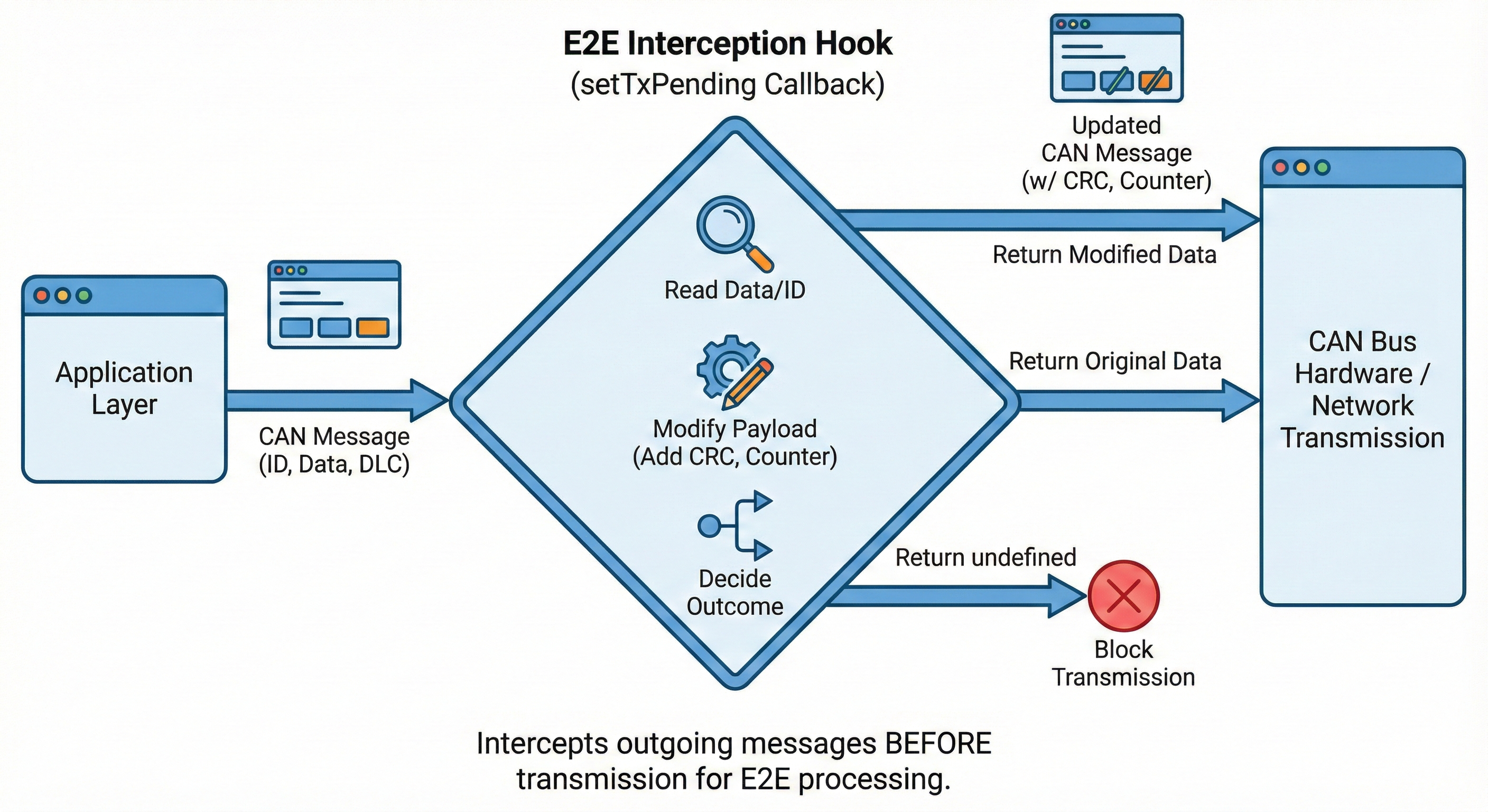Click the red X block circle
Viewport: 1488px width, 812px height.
(x=1123, y=596)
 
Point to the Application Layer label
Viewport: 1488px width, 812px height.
(x=124, y=388)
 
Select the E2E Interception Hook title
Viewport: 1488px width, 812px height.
(x=728, y=43)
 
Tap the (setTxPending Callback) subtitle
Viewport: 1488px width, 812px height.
(x=728, y=85)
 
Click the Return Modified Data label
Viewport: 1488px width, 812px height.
(x=1104, y=255)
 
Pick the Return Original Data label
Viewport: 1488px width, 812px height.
(x=1115, y=361)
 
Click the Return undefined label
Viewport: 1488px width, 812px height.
(x=985, y=558)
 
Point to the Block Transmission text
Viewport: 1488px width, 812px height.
(x=1123, y=663)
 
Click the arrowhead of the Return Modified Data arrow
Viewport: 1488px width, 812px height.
(x=1241, y=219)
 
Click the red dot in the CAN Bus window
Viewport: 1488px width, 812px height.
(x=1281, y=168)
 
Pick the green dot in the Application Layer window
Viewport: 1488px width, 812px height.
(x=84, y=296)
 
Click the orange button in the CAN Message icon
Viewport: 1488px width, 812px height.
(x=373, y=328)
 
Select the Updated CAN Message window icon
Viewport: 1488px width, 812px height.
(x=1116, y=58)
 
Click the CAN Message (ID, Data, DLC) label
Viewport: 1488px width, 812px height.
(x=334, y=450)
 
